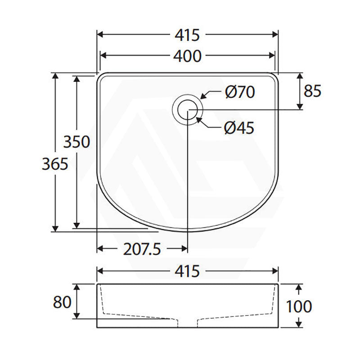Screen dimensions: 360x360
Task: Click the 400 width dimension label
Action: (187, 56)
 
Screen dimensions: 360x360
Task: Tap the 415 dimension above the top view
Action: (187, 36)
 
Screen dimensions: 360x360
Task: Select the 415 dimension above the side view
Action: (187, 271)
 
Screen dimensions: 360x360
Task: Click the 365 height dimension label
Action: (55, 164)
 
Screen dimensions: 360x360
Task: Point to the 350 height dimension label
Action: (76, 142)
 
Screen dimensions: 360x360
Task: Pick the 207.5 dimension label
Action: (142, 249)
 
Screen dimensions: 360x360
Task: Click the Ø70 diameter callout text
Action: (240, 92)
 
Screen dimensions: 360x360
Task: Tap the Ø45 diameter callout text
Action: (239, 128)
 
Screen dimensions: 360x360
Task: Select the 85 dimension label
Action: (312, 91)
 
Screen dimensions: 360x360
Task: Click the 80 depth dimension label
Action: (62, 302)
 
